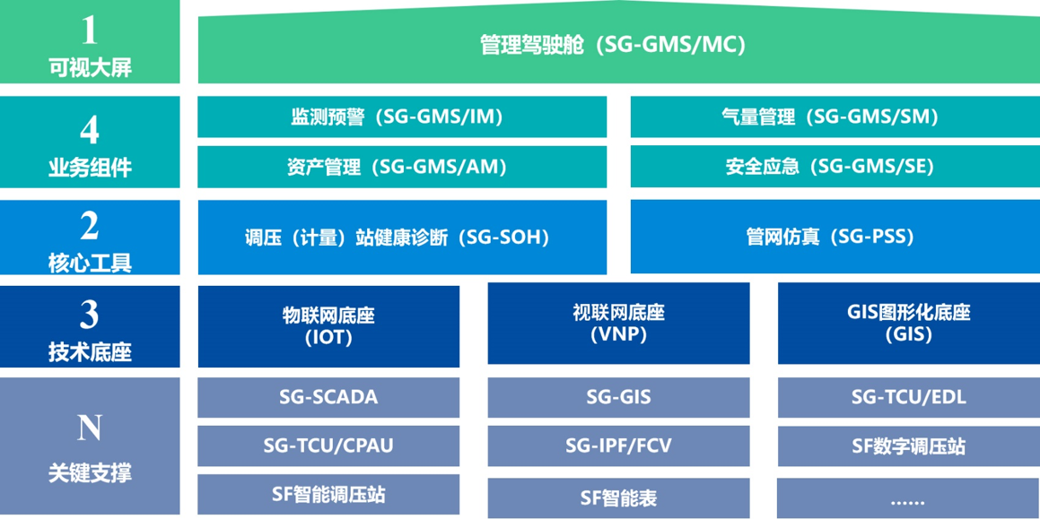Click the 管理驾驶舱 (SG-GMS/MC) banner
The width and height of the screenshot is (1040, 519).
coord(613,46)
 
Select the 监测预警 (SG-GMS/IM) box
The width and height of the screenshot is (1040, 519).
coord(402,117)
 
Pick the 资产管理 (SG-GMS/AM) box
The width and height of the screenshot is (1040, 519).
coord(402,167)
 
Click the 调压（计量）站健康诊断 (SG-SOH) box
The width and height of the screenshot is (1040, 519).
coord(402,238)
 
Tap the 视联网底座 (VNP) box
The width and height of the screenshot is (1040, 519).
coord(618,324)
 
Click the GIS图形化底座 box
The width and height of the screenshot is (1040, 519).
coord(908,324)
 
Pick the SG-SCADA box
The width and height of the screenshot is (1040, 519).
coord(328,397)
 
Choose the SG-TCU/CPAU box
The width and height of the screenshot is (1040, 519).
coord(328,445)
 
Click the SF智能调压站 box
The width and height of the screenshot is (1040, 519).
coord(328,494)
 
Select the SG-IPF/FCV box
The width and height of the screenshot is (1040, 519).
coord(618,445)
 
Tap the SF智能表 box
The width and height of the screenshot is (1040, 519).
coord(618,497)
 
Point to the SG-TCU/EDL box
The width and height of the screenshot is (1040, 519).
coord(908,397)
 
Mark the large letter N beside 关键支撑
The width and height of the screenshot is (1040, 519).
coord(90,428)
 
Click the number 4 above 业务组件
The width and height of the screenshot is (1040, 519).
coord(90,132)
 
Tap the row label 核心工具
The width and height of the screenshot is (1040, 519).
coord(90,263)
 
